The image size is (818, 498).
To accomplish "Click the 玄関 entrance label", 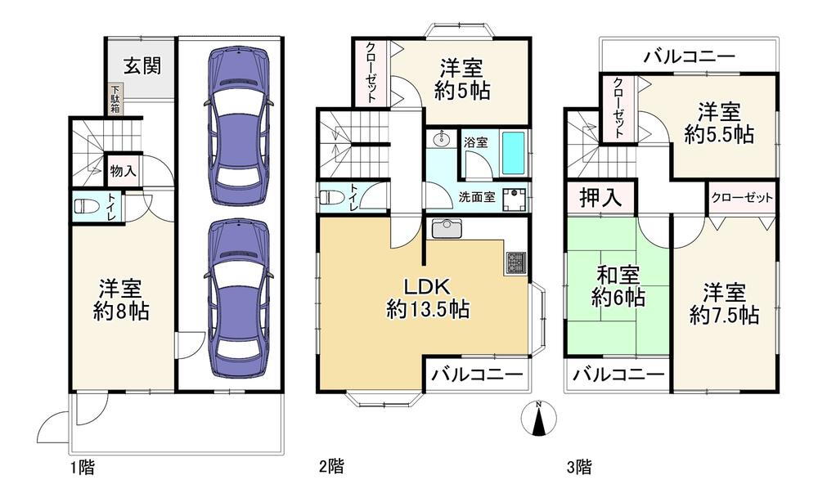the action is (142, 66).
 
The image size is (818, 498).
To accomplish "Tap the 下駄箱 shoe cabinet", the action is (115, 99).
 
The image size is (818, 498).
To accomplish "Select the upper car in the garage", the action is (238, 126).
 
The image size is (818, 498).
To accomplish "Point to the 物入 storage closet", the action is (124, 170).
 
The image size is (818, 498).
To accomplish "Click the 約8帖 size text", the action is (121, 312).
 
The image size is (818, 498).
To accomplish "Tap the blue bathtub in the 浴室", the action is (515, 153).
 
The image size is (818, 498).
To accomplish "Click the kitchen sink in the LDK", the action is (446, 228).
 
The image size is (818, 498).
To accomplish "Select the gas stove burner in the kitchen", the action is (515, 263).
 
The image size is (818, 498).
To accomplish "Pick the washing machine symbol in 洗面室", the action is (515, 199).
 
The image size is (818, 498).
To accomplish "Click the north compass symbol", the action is (539, 418).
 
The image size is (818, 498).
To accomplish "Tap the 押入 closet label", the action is (600, 198).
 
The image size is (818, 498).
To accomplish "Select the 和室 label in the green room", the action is (618, 274).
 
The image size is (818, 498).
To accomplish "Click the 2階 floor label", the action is (331, 465).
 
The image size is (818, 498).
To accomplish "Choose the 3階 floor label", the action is (579, 466).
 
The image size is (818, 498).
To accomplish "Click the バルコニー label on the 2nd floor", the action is (477, 375).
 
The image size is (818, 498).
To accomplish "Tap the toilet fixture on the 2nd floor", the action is (331, 198).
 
